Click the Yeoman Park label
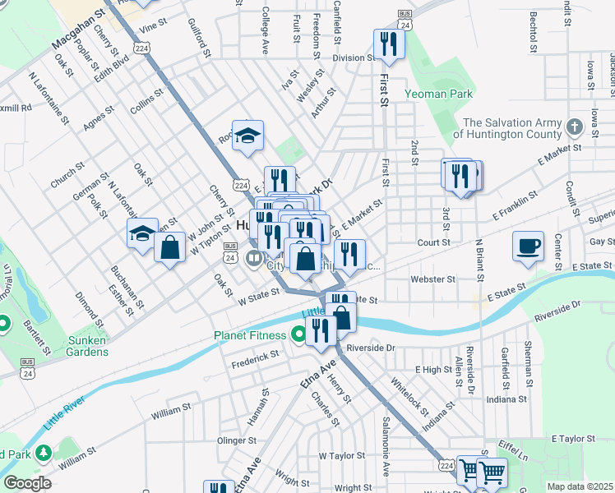(x=438, y=94)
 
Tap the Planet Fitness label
(x=250, y=335)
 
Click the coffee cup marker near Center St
(x=527, y=246)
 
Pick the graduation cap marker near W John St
(x=142, y=233)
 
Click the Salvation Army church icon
(x=575, y=127)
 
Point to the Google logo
(x=27, y=483)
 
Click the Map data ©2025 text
(x=580, y=486)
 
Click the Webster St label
(x=432, y=279)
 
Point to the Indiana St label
(x=506, y=399)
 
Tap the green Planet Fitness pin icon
(x=298, y=335)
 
